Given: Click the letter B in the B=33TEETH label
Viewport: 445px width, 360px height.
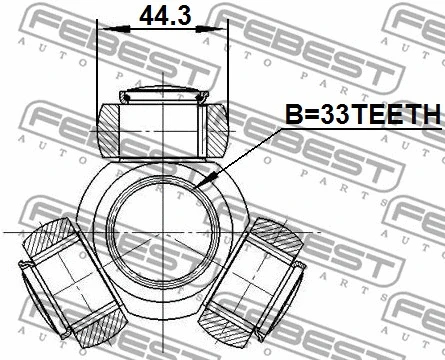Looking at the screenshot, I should coord(291,117).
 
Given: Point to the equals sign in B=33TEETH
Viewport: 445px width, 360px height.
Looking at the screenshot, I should coord(309,117).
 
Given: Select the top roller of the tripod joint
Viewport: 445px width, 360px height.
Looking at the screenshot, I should coord(164,125).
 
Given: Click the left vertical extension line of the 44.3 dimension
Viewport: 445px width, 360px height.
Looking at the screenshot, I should coord(98,70).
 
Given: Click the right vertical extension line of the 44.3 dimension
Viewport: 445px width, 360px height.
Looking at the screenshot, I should coord(232,70).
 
